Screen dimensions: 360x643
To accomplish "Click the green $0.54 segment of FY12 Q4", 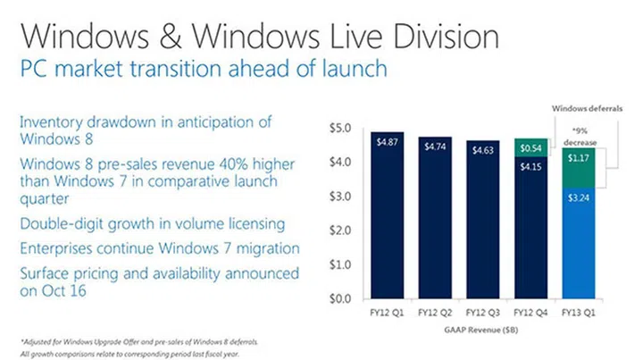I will (530, 147).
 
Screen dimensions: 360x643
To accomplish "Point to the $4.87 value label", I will (391, 140).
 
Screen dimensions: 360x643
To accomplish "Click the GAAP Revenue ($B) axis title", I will (482, 330).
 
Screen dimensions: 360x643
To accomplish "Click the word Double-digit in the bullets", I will (58, 223).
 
